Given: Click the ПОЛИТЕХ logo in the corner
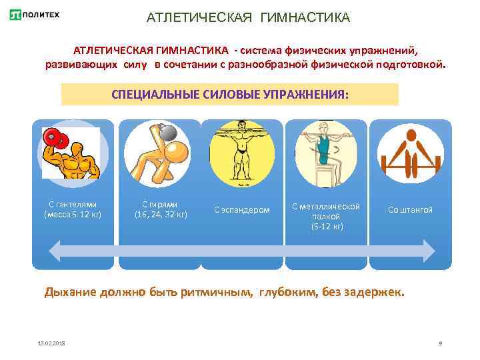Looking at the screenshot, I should point(34,15).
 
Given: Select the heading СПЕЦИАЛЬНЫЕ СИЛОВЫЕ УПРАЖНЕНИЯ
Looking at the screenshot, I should point(229,94).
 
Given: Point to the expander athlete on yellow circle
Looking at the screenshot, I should point(242,153).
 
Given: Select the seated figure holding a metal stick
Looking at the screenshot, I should point(326,153).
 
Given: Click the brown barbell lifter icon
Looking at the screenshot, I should point(410,153).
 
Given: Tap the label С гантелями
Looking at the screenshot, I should point(73,205).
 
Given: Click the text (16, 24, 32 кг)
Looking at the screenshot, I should point(161,215).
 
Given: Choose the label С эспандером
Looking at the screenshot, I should point(242,209).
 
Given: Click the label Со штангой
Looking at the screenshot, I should point(410,209).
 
